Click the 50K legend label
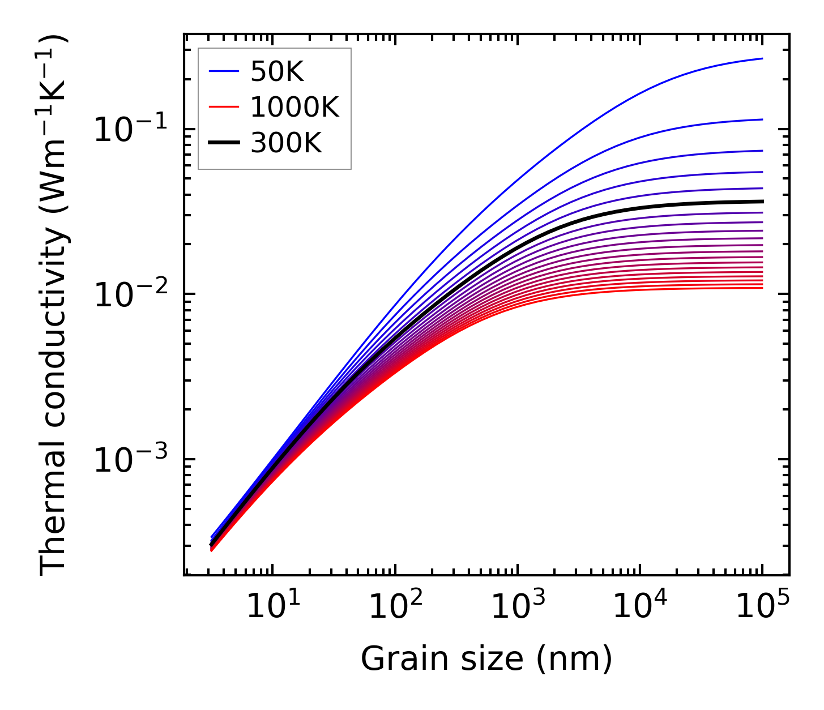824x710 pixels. point(277,72)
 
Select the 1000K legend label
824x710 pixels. point(294,108)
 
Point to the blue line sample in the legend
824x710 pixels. point(225,72)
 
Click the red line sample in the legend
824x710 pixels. point(225,108)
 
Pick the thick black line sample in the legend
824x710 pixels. point(225,143)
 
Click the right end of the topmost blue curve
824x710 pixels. point(762,58)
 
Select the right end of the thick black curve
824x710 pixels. point(762,202)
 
